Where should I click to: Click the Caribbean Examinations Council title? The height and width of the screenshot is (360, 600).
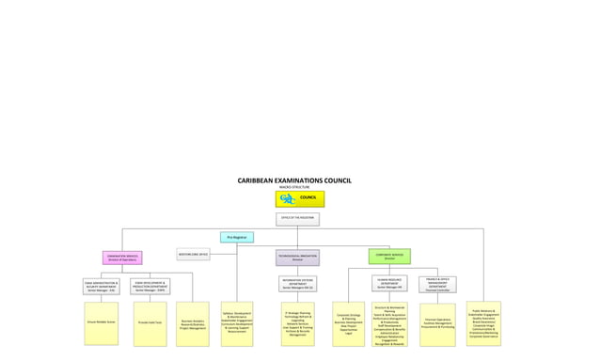(293, 180)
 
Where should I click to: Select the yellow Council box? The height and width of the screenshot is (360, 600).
(300, 198)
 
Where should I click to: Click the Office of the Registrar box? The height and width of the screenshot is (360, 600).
(297, 219)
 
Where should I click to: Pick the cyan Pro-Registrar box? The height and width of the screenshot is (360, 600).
(237, 238)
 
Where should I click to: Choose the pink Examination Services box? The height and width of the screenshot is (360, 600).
(123, 257)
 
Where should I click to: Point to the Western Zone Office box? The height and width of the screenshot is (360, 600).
(193, 254)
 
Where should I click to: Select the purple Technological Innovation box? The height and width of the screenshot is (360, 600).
(297, 257)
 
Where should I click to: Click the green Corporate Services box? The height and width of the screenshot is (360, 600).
(389, 256)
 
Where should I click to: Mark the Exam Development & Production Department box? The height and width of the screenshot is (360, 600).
(150, 286)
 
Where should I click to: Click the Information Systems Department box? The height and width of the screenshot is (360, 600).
(297, 284)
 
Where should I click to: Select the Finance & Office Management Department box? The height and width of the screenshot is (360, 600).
(437, 284)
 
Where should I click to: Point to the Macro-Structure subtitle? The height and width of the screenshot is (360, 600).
(293, 187)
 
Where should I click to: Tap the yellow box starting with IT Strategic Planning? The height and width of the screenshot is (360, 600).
(297, 322)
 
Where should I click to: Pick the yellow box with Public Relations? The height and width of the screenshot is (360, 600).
(483, 322)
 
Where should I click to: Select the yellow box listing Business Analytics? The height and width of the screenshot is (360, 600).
(193, 324)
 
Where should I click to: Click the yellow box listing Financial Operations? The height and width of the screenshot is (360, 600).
(437, 322)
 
